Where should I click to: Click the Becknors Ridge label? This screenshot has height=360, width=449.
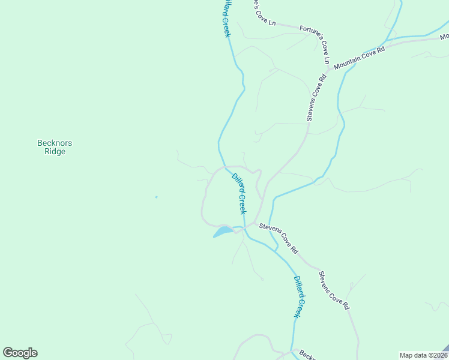click(55, 147)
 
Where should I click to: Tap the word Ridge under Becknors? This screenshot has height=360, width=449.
click(55, 152)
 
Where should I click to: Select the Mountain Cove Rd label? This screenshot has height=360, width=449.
click(359, 57)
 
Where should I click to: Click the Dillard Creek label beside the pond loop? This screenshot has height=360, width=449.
click(239, 194)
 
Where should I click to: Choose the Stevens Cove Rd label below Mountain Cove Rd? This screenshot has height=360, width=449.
click(316, 97)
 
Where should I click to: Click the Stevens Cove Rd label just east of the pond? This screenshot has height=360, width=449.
click(279, 238)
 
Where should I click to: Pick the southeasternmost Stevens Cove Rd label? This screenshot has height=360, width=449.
click(334, 290)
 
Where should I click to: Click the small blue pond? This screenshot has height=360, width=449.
click(222, 232)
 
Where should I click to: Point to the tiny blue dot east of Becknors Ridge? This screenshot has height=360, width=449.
click(156, 197)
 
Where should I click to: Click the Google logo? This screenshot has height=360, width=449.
click(20, 353)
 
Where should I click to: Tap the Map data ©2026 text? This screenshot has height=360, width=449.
click(421, 355)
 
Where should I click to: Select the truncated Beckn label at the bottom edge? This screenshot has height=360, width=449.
click(307, 355)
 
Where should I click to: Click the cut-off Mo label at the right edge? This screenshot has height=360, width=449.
click(444, 37)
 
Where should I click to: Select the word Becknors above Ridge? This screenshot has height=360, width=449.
click(55, 143)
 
